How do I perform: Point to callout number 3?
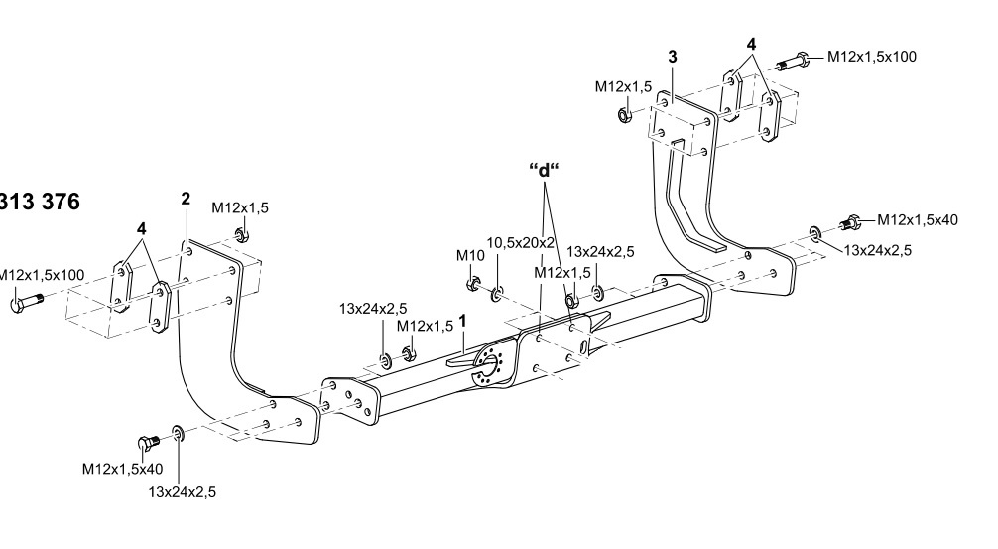click(673, 57)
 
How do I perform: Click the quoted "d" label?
click(544, 169)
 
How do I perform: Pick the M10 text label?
click(469, 256)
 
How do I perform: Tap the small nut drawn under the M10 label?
click(472, 286)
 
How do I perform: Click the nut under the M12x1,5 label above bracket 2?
click(240, 236)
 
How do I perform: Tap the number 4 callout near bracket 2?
click(142, 227)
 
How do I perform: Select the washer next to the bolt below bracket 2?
click(178, 434)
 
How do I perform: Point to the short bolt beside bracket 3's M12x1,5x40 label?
click(850, 222)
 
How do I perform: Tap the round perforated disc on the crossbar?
click(493, 366)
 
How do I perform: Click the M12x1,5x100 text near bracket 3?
click(871, 57)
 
